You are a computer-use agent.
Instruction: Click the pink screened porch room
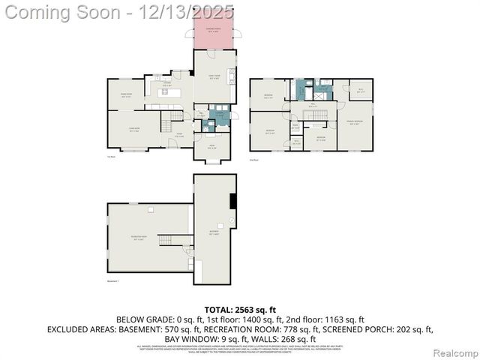pos(214,34)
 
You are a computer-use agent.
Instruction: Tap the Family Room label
pos(215,77)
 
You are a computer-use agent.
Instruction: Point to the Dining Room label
pos(127,96)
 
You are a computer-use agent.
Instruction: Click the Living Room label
pos(134,130)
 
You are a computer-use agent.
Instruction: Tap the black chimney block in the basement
pos(232,202)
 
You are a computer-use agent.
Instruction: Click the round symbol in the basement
pos(231,220)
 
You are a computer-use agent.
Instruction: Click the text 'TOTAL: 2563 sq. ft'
pos(240,310)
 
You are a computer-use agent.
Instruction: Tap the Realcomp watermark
pos(456,352)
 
